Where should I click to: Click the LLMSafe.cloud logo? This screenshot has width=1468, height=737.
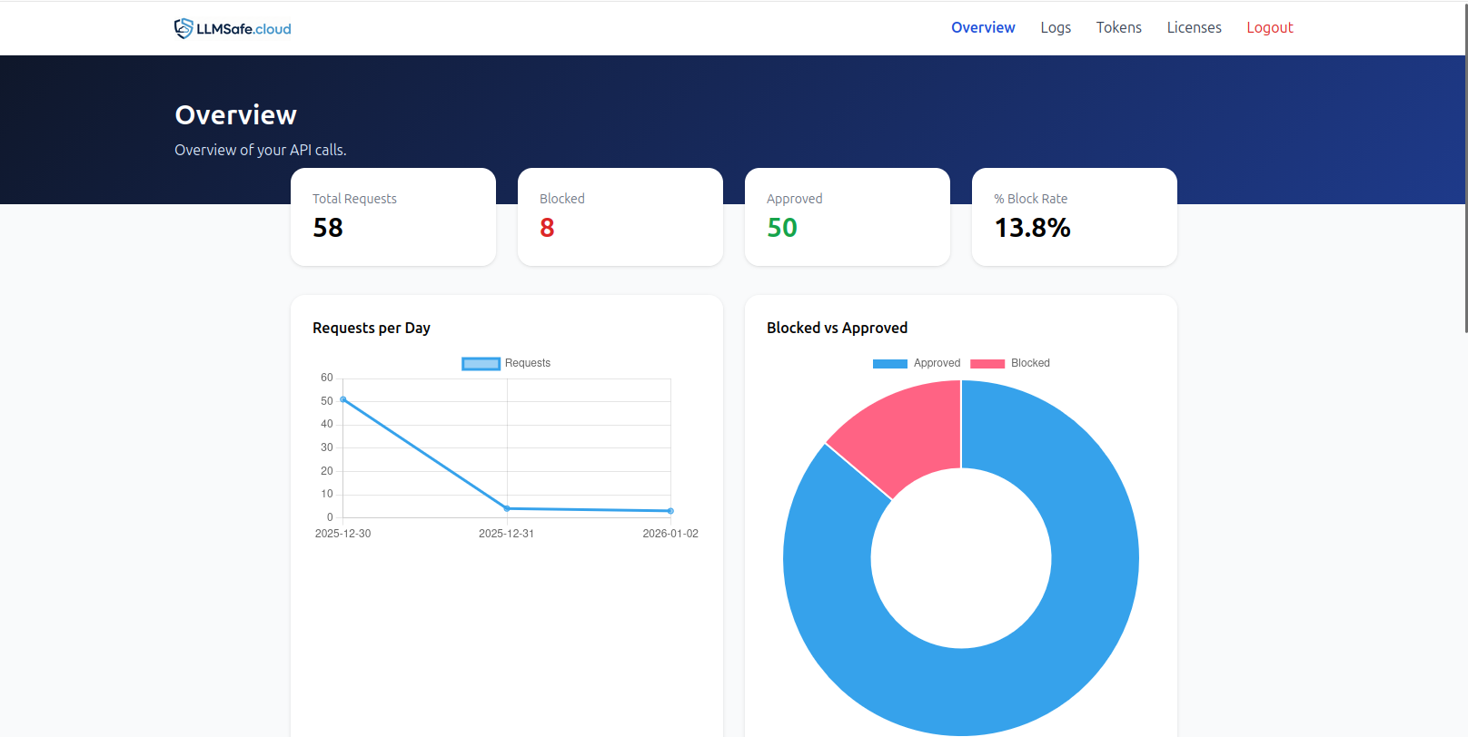(x=233, y=28)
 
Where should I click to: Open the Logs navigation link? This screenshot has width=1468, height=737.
(x=1056, y=28)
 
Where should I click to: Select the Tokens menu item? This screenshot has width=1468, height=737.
(x=1118, y=28)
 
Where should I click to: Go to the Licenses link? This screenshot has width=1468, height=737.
(x=1194, y=28)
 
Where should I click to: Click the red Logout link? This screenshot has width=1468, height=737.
(x=1269, y=28)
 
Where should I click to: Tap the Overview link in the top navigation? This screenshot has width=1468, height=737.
(x=983, y=28)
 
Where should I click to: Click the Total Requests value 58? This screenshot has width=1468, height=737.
(x=328, y=228)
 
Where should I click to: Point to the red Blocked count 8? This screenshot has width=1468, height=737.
(x=547, y=228)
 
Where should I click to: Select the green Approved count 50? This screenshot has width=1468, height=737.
(x=782, y=228)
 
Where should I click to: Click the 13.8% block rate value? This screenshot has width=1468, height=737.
(x=1032, y=228)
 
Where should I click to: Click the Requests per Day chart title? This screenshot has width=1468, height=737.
(x=372, y=328)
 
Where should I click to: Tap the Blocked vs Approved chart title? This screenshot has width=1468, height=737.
(x=837, y=328)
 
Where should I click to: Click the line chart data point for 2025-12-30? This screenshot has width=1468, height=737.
(x=343, y=399)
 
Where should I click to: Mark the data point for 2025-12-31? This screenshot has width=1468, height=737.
(x=507, y=508)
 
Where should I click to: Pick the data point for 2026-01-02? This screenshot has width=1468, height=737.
(x=670, y=511)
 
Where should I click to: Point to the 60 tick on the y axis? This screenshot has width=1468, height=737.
(x=327, y=378)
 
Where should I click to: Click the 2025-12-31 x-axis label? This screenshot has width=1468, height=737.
(x=506, y=534)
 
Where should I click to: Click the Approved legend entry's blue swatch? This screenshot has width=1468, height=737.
(x=890, y=364)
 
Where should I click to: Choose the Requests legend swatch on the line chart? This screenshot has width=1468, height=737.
(x=481, y=364)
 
